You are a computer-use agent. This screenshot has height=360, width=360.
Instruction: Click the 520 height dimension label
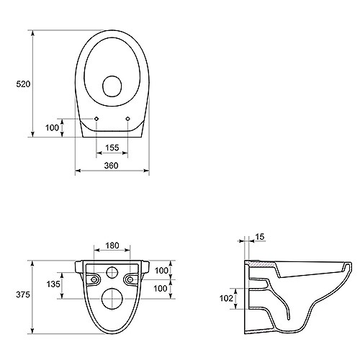[x=23, y=84]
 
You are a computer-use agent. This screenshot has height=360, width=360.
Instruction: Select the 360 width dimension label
[x=111, y=166]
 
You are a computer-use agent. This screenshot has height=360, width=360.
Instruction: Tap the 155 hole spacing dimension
[x=112, y=148]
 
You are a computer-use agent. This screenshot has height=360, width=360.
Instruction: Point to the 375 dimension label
[x=23, y=294]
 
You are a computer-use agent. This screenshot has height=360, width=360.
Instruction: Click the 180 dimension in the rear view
[x=112, y=246]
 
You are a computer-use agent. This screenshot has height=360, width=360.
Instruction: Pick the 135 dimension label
[x=53, y=284]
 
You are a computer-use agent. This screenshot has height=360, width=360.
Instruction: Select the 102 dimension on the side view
[x=227, y=298]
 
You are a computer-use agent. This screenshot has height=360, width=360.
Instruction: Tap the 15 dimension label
[x=260, y=237]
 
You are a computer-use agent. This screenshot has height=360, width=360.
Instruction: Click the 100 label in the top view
[x=52, y=127]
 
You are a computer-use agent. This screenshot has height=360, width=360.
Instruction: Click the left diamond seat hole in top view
[x=96, y=119]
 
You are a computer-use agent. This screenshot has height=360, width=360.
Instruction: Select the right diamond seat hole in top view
[x=127, y=119]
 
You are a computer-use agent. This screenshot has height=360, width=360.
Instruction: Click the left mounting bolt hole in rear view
[x=94, y=279]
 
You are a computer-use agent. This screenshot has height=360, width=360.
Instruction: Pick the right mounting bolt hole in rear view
[x=130, y=279]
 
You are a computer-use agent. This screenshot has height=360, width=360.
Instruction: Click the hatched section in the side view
[x=262, y=264]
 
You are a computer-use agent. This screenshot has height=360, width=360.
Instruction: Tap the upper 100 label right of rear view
[x=161, y=271]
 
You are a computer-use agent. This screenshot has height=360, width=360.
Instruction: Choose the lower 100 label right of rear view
[x=161, y=288]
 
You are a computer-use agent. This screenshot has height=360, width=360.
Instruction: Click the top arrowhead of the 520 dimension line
[x=33, y=33]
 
